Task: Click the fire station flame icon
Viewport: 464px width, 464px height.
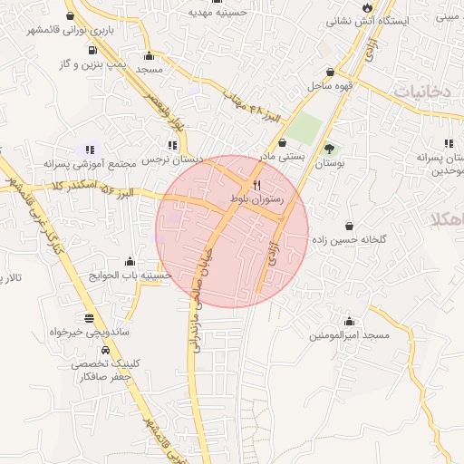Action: pyautogui.click(x=366, y=6)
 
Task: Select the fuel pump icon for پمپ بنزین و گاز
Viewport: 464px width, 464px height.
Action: pyautogui.click(x=92, y=51)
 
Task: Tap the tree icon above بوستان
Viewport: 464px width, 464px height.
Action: pyautogui.click(x=329, y=149)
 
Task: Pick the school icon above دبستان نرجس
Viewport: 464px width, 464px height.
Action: pyautogui.click(x=172, y=145)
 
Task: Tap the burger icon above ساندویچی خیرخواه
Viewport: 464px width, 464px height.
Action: pyautogui.click(x=89, y=318)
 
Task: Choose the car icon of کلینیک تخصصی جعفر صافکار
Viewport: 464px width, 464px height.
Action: pyautogui.click(x=107, y=350)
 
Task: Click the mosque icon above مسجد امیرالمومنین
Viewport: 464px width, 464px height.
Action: pyautogui.click(x=350, y=322)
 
